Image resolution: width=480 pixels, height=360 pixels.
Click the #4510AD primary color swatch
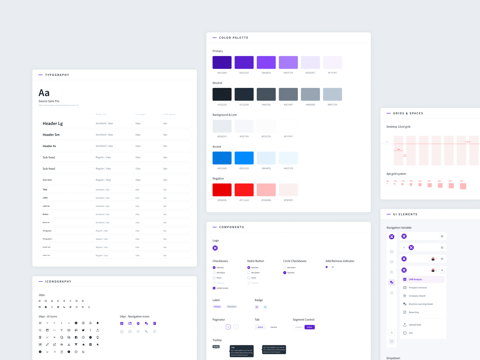coord(222,62)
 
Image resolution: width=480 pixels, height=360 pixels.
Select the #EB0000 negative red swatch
coord(222,190)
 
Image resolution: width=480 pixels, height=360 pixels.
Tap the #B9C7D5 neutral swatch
coord(332,94)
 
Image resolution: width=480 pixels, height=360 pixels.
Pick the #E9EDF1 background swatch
coord(222,126)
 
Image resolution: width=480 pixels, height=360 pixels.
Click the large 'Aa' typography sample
coord(44,93)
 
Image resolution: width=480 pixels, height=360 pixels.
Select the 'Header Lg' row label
coord(53,124)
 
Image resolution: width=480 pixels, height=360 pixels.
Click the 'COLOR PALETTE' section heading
coord(234,38)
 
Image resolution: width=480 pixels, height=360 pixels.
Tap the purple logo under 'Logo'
coord(215,248)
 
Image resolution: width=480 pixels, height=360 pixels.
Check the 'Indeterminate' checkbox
coord(214,288)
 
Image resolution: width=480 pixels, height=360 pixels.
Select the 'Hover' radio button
coord(249,278)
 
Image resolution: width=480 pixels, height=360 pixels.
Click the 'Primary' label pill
coord(217,307)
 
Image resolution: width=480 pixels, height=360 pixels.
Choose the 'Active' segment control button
coord(310,327)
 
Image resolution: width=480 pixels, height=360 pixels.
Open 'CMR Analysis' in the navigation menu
coord(415,279)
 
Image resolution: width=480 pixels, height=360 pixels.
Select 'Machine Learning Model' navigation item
coord(421,304)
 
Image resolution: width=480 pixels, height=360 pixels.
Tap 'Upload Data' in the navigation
coord(415,325)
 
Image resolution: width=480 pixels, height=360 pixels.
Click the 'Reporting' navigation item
coord(414,312)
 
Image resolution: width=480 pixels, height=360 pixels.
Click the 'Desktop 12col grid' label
coord(398,127)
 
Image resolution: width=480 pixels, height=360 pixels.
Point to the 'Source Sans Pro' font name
coord(49,101)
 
